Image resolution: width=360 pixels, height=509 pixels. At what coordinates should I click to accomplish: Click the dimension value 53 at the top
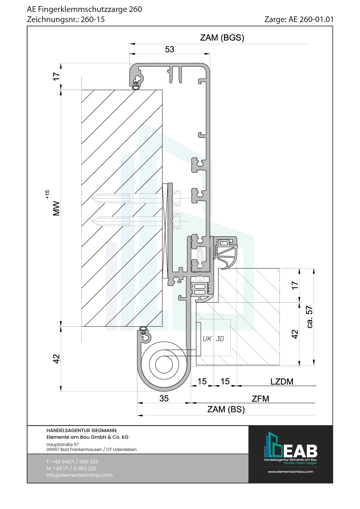[x=170, y=49]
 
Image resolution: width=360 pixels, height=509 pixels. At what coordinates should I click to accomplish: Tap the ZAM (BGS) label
[x=222, y=38]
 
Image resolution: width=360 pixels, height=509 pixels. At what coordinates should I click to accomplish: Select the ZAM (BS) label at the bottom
[x=226, y=409]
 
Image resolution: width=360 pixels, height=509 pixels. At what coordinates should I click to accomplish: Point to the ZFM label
[x=260, y=399]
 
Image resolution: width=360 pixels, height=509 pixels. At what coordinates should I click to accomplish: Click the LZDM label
[x=282, y=382]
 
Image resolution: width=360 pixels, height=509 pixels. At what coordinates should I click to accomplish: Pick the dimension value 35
[x=164, y=398]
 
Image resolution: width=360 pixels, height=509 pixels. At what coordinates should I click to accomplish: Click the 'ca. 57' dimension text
[x=310, y=317]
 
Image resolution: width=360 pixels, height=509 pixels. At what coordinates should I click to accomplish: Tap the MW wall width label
[x=56, y=208]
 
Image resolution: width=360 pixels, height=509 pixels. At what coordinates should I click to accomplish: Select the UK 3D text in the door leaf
[x=213, y=339]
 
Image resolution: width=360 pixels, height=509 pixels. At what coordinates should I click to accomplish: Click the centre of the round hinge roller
[x=164, y=364]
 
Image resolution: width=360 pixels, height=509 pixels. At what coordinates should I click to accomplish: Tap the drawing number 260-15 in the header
[x=93, y=19]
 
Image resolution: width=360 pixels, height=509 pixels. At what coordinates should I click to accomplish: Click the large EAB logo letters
[x=300, y=451]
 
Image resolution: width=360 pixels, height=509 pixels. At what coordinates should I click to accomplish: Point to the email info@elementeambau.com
[x=79, y=475]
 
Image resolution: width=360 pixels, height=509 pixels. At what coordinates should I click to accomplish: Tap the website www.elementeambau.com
[x=290, y=472]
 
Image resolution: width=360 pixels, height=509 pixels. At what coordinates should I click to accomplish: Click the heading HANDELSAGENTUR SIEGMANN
[x=81, y=430]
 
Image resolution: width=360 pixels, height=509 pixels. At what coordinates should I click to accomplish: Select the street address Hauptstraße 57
[x=62, y=444]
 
